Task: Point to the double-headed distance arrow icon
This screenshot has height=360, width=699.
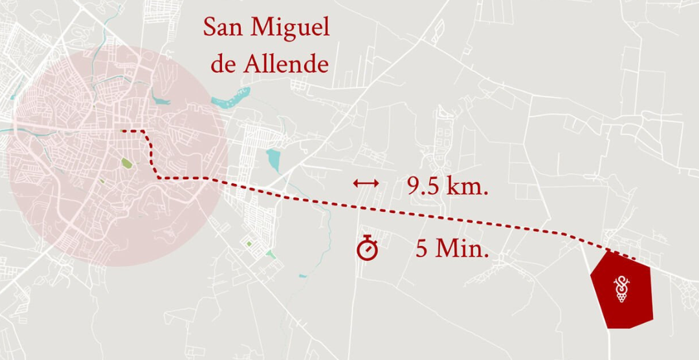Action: (x=366, y=184)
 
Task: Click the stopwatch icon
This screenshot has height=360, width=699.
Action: (x=367, y=248)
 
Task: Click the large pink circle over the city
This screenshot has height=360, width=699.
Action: (x=78, y=214)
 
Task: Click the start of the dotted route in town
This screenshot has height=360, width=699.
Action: (x=123, y=131)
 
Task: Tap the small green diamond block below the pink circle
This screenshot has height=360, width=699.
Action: (x=249, y=243)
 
